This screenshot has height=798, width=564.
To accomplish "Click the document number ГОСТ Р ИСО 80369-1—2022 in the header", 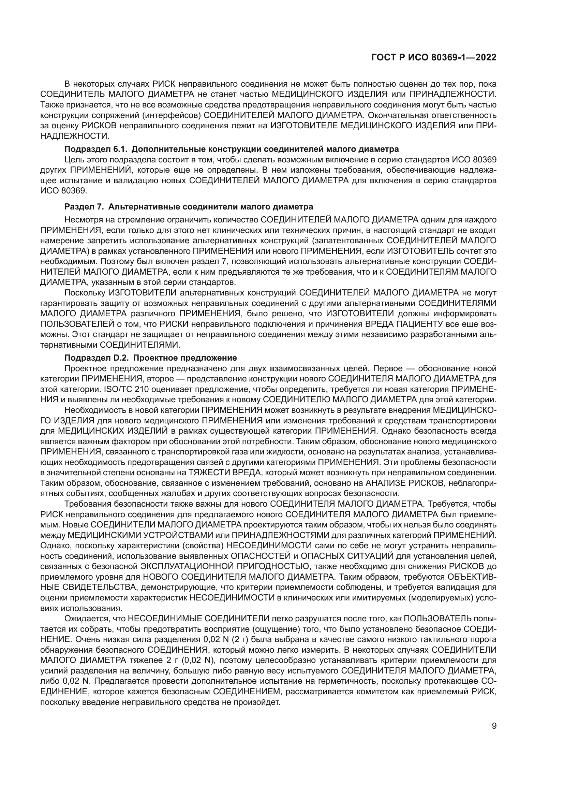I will [x=434, y=58].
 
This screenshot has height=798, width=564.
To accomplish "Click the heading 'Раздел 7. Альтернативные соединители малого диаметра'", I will [x=189, y=207].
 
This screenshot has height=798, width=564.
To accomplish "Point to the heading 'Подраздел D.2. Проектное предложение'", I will [x=151, y=358].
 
